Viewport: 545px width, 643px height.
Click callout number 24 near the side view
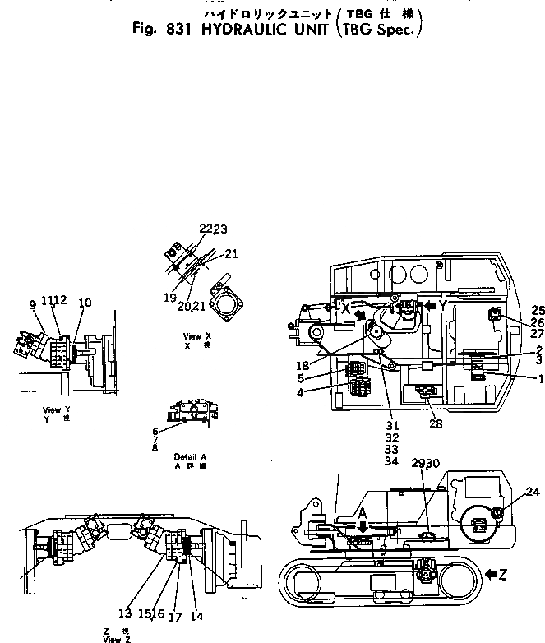coord(533,493)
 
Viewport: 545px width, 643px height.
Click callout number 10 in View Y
coord(85,304)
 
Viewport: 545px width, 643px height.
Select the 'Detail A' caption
coord(190,456)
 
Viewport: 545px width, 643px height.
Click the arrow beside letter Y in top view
coord(430,304)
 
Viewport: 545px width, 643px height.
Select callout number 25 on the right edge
coord(537,311)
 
